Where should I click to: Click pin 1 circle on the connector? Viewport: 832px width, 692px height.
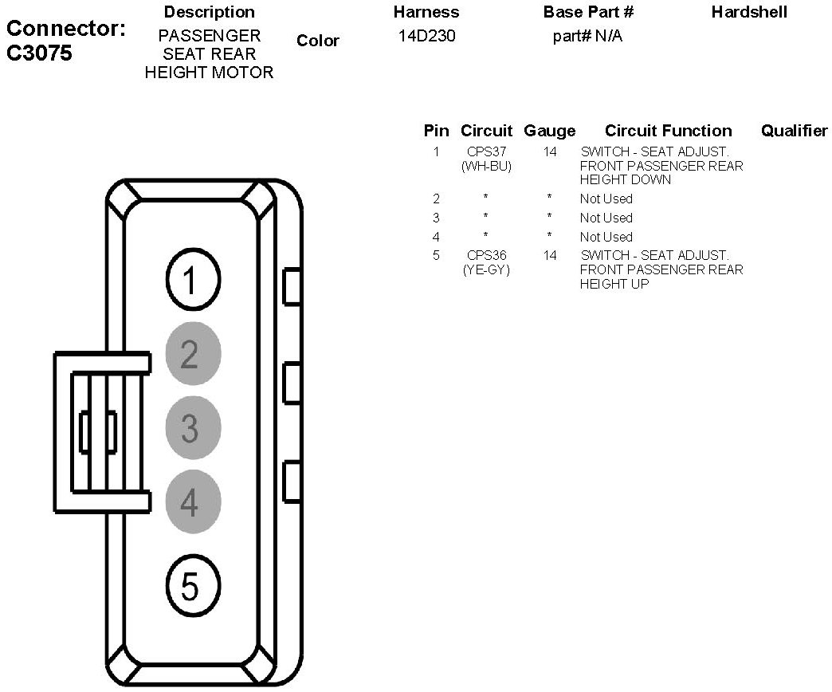(192, 281)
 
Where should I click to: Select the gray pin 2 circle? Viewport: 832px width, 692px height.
(192, 354)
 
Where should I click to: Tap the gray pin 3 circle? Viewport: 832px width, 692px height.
(192, 428)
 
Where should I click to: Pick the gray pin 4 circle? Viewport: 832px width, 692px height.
(192, 502)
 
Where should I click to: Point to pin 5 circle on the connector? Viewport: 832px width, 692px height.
(192, 587)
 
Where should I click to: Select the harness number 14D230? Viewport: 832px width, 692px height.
(426, 36)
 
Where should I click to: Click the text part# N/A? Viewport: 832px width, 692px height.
(587, 37)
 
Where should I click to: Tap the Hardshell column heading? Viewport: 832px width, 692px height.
(749, 12)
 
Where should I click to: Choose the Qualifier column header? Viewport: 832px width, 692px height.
(794, 131)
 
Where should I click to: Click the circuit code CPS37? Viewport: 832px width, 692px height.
(486, 151)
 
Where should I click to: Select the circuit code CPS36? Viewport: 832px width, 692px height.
(486, 255)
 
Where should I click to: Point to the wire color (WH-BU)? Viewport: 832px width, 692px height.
(486, 166)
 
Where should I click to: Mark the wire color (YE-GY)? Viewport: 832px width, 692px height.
(486, 269)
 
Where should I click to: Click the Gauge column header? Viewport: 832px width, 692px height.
(549, 131)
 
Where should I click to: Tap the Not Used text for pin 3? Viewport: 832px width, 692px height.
(606, 218)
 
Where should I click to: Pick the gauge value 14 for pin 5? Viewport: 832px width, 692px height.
(550, 255)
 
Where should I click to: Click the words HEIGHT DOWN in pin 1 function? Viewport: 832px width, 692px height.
(614, 180)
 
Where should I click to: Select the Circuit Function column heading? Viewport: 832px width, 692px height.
(668, 131)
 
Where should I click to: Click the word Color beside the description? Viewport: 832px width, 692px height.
(317, 41)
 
